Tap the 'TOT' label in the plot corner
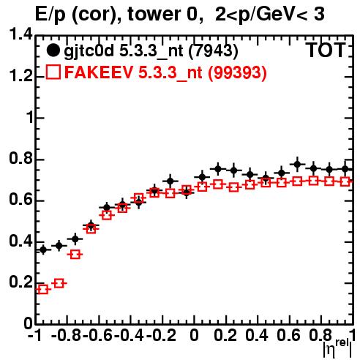[x=326, y=50]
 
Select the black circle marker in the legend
[x=53, y=50]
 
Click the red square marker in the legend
[x=53, y=72]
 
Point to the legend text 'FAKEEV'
[x=99, y=72]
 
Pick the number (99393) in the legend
[x=237, y=72]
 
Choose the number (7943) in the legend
[x=214, y=51]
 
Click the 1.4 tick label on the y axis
[x=20, y=35]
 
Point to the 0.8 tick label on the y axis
[x=20, y=159]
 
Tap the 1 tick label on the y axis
[x=30, y=118]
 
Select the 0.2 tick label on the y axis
[x=20, y=282]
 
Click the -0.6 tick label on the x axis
[x=98, y=335]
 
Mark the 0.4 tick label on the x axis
[x=257, y=335]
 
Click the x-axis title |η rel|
[x=337, y=348]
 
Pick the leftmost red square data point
[x=43, y=290]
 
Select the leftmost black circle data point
[x=43, y=250]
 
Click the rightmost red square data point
[x=345, y=181]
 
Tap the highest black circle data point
[x=297, y=165]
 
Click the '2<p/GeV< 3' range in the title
[x=269, y=15]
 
